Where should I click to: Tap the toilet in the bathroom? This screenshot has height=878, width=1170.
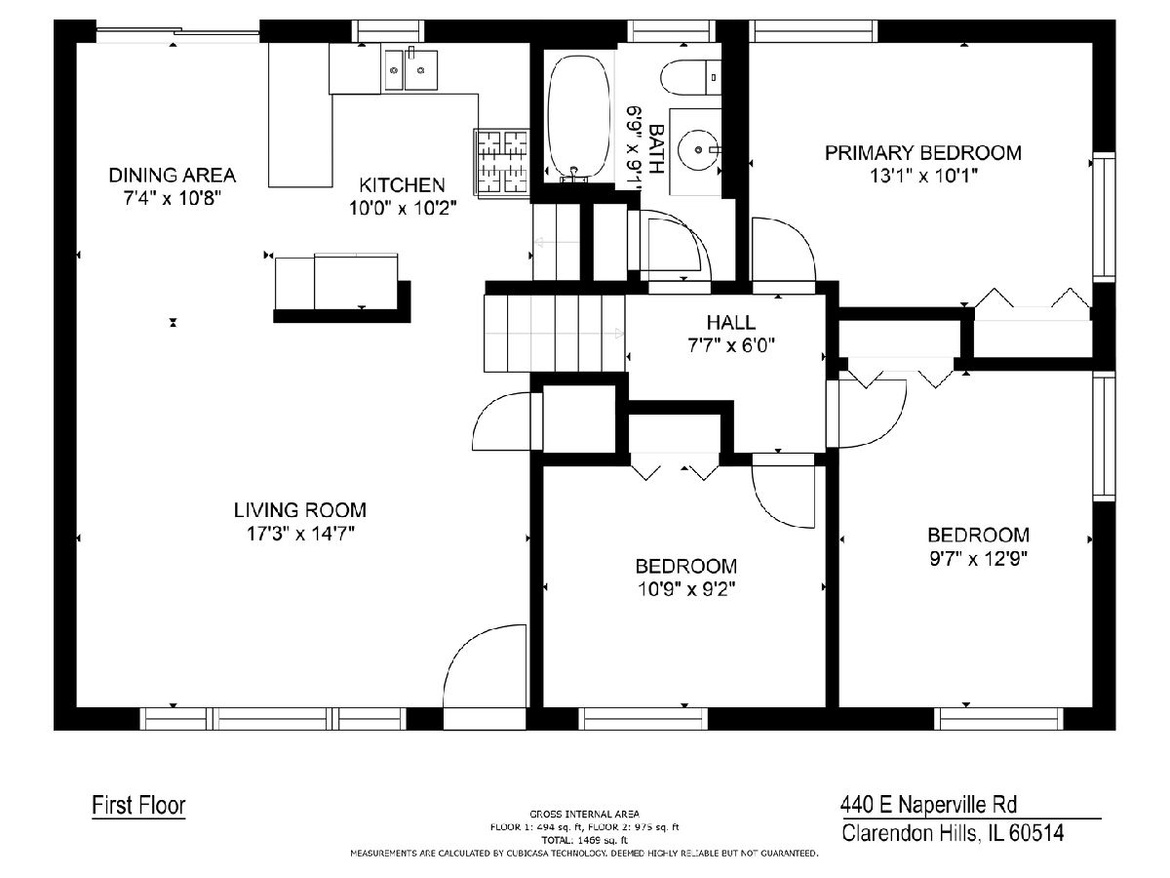coord(690,77)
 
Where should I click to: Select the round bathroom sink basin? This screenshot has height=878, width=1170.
coord(697,149)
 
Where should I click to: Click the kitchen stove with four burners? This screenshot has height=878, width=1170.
coord(501,163)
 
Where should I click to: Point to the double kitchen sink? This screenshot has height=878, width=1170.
coord(411,70)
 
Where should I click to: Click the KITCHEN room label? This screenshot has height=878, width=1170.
coord(402,185)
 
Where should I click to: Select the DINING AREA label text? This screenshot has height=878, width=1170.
coord(173,175)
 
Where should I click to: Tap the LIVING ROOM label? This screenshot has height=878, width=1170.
coord(300,510)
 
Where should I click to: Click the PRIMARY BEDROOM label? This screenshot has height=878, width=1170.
coord(923,153)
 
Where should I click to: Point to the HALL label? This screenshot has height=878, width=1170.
coord(731,323)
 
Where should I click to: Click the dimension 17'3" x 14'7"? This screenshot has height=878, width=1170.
coord(300,534)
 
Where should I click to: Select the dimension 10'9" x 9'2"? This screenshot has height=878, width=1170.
coord(686,589)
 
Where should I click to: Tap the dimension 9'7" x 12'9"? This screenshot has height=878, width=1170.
coord(978,559)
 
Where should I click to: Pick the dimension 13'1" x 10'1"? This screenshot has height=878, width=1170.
coord(923,176)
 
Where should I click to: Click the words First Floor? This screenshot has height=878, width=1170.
coord(138,805)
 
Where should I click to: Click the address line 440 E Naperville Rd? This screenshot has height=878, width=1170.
coord(928,805)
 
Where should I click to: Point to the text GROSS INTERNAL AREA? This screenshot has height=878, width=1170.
coord(584,814)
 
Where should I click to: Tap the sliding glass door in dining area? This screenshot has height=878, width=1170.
coord(177,31)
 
